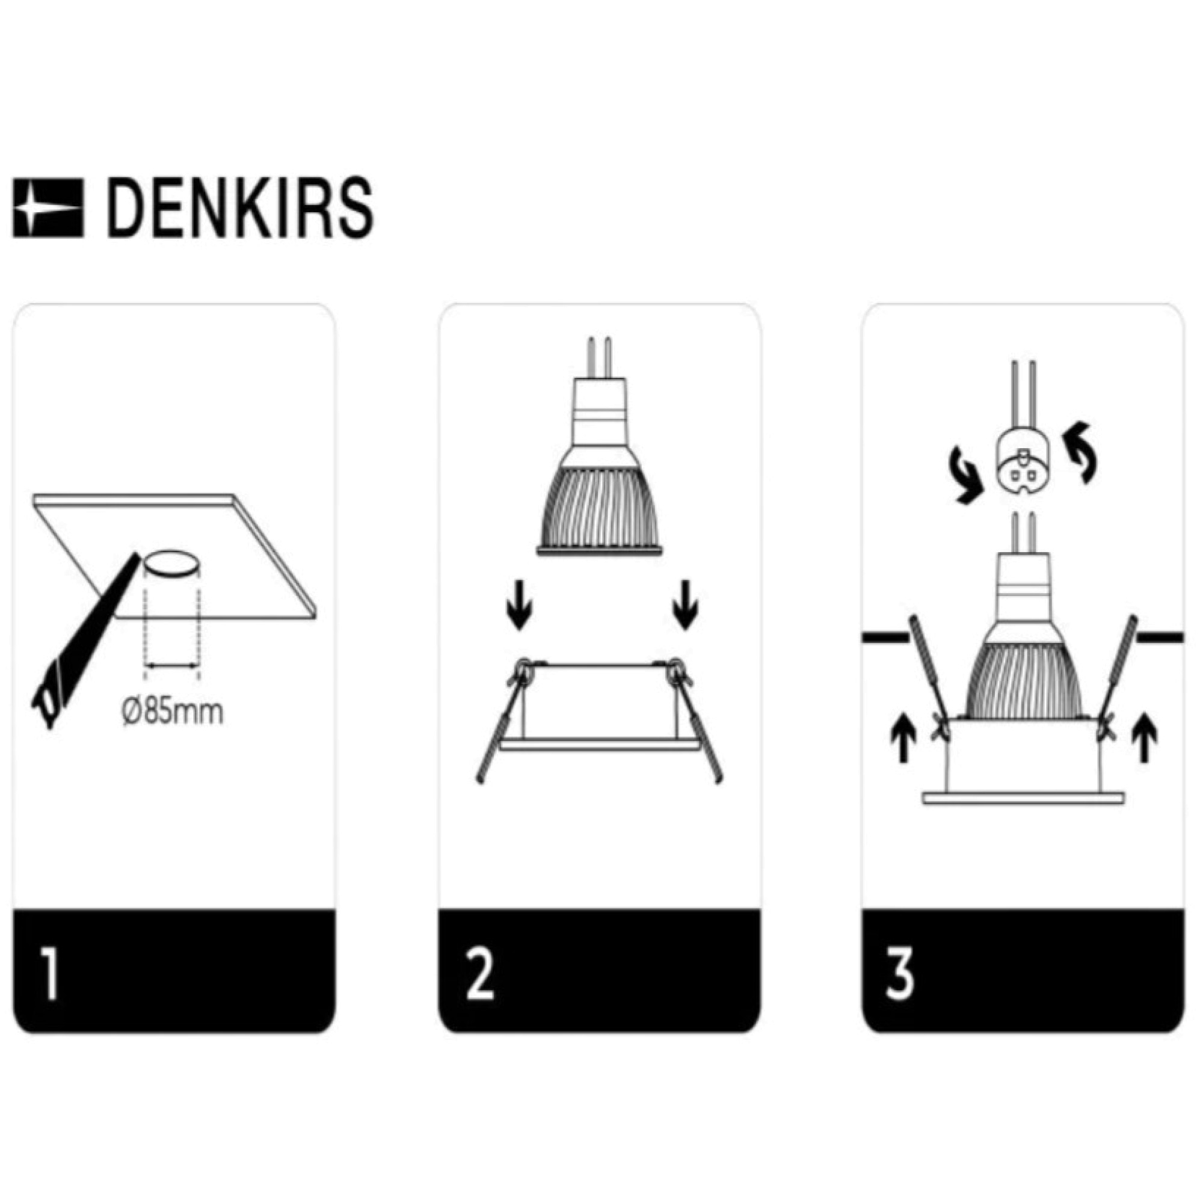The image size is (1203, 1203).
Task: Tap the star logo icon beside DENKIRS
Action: [x=48, y=208]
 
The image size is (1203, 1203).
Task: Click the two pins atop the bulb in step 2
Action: [x=599, y=358]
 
